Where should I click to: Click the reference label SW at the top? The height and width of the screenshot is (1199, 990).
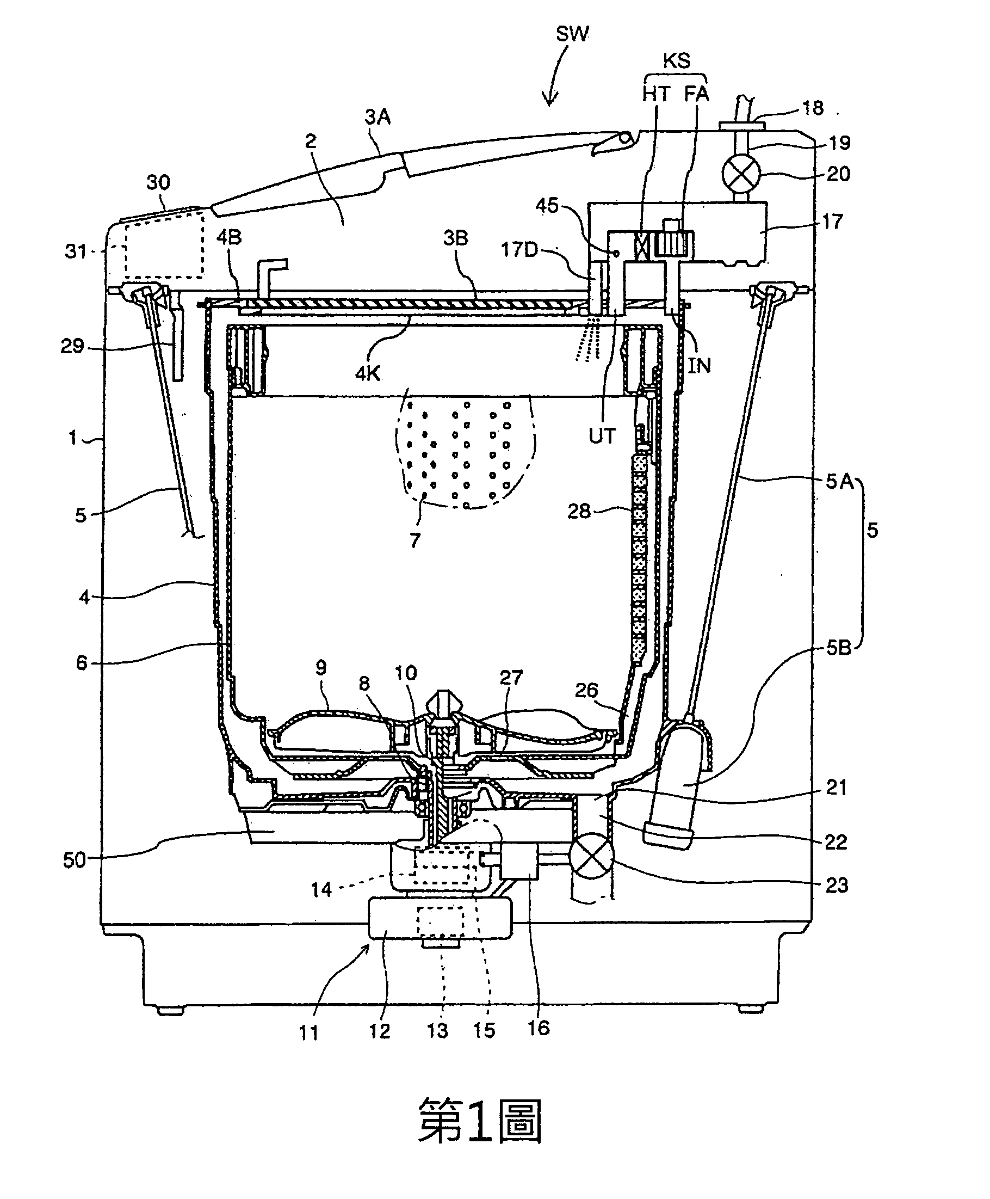coord(572,34)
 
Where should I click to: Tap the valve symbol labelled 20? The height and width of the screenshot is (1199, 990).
coord(741,174)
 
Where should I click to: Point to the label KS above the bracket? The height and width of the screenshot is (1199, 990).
coord(676,60)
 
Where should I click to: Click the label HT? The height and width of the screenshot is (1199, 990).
coord(656,94)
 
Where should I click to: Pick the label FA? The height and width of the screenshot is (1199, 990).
coord(696,94)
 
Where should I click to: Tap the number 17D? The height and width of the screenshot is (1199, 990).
coord(519,249)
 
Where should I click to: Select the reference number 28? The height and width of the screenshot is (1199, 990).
coord(579,511)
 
